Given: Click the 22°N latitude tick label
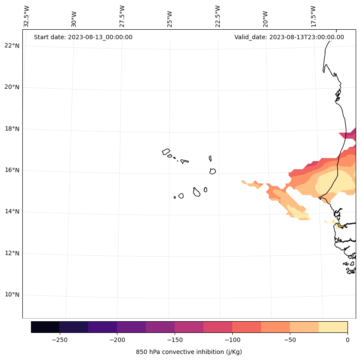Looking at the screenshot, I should click(12, 46).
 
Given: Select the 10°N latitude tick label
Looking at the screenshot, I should click(12, 295).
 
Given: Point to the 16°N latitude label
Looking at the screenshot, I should click(12, 170).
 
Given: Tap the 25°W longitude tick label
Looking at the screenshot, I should click(169, 16).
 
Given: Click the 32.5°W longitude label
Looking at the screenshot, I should click(27, 16).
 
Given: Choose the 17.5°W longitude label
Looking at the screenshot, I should click(314, 16).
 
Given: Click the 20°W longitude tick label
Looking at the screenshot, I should click(265, 16).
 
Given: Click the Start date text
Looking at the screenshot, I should click(83, 37).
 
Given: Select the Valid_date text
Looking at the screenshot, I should click(289, 37).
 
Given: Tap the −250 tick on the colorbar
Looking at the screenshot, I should click(59, 339).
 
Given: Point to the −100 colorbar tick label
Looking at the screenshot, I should click(232, 339).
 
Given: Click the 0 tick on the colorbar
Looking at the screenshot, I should click(348, 339).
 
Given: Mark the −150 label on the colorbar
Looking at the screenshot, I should click(175, 339).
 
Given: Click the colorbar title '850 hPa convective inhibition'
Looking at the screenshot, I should click(189, 352).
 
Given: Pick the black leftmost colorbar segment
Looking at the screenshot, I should click(45, 327).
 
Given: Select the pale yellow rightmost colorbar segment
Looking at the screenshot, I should click(333, 327).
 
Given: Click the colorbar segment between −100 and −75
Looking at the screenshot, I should click(247, 327).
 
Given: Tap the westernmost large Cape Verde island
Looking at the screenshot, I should click(166, 152).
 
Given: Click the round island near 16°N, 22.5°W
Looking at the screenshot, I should click(212, 171).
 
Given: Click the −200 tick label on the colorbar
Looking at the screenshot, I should click(117, 339).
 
